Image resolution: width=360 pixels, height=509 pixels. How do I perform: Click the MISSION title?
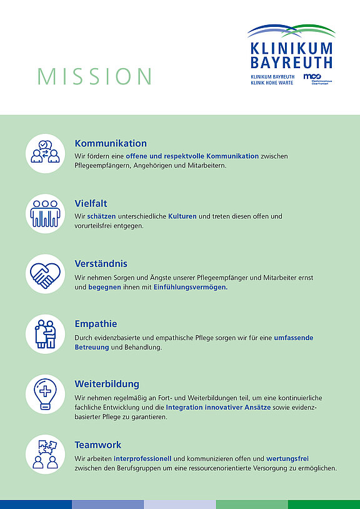click(94, 76)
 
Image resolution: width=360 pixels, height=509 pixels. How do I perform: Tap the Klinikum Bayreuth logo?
click(290, 54)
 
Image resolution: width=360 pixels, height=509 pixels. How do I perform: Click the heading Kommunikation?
click(111, 143)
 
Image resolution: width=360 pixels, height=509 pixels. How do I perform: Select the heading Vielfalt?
click(91, 203)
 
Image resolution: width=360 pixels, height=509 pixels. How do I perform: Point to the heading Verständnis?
click(101, 263)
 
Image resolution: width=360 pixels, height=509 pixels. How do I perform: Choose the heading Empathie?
click(96, 323)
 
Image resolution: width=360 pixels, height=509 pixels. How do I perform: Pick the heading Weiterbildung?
click(107, 383)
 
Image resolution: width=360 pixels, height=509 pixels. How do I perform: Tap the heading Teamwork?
click(97, 445)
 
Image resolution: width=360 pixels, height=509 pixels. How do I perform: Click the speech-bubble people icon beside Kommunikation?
click(45, 153)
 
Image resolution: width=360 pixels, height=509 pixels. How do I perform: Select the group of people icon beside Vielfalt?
click(45, 213)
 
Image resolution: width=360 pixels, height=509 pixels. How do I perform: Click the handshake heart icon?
click(45, 273)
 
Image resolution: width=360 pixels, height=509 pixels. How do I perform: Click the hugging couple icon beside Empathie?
click(45, 334)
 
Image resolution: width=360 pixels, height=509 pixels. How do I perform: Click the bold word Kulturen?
click(182, 216)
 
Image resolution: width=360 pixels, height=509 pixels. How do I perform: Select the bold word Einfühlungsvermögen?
click(191, 288)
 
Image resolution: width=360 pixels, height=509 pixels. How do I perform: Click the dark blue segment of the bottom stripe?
click(36, 505)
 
